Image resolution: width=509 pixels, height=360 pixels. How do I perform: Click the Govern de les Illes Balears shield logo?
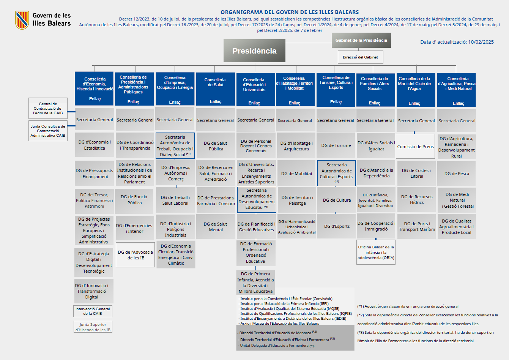(x=22, y=20)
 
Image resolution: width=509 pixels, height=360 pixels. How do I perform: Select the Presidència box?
(x=254, y=51)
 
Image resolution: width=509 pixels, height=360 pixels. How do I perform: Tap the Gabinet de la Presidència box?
(x=361, y=40)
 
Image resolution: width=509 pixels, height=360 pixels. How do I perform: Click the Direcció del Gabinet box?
(x=360, y=57)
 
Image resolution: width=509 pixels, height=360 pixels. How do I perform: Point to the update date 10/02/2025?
(x=481, y=42)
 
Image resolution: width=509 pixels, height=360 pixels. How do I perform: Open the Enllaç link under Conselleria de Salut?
(x=216, y=102)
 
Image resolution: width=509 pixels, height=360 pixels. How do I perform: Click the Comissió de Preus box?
(x=415, y=146)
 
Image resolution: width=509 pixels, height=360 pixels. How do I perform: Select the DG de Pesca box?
(x=457, y=174)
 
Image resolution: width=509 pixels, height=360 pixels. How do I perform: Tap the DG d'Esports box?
(x=337, y=226)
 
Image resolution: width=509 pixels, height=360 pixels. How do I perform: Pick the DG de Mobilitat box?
(x=296, y=174)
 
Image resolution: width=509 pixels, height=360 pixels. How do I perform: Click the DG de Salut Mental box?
(x=216, y=227)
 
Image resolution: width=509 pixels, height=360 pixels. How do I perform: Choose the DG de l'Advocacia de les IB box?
(x=136, y=255)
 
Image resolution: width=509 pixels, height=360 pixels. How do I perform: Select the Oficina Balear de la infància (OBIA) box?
(x=376, y=252)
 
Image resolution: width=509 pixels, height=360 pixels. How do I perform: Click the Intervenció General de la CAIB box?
(x=93, y=311)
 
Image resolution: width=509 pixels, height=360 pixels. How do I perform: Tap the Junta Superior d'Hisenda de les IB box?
(x=93, y=327)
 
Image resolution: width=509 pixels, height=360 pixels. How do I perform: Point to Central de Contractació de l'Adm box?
(x=48, y=108)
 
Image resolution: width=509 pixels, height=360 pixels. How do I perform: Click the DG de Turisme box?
(x=336, y=145)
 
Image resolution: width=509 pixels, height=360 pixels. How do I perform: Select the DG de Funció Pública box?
(x=134, y=200)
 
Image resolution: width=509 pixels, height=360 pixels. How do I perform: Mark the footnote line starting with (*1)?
(x=408, y=306)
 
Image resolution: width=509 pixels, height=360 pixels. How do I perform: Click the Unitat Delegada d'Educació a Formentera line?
(x=276, y=346)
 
